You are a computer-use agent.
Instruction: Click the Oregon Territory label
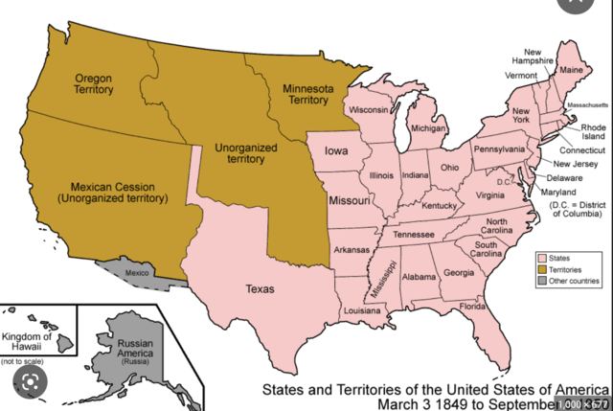coord(93,84)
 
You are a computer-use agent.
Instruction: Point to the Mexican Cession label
coord(112,193)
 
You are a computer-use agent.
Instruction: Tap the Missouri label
coord(350,202)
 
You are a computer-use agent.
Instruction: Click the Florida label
coord(472,306)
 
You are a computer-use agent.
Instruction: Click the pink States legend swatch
coord(542,259)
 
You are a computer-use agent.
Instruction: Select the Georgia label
coord(459,273)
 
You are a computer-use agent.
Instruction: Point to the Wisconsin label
coord(369,111)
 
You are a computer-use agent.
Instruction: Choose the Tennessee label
coord(413,235)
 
